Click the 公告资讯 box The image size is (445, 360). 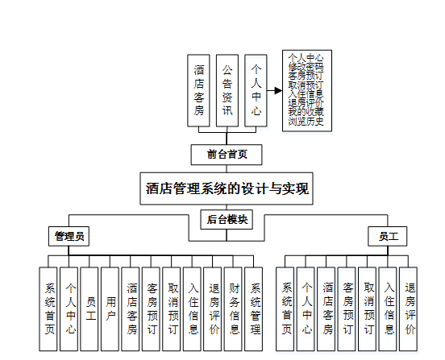point(227,91)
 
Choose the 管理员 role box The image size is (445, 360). point(69,236)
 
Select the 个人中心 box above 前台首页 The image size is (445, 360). point(256,91)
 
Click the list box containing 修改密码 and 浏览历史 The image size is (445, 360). point(306,90)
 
